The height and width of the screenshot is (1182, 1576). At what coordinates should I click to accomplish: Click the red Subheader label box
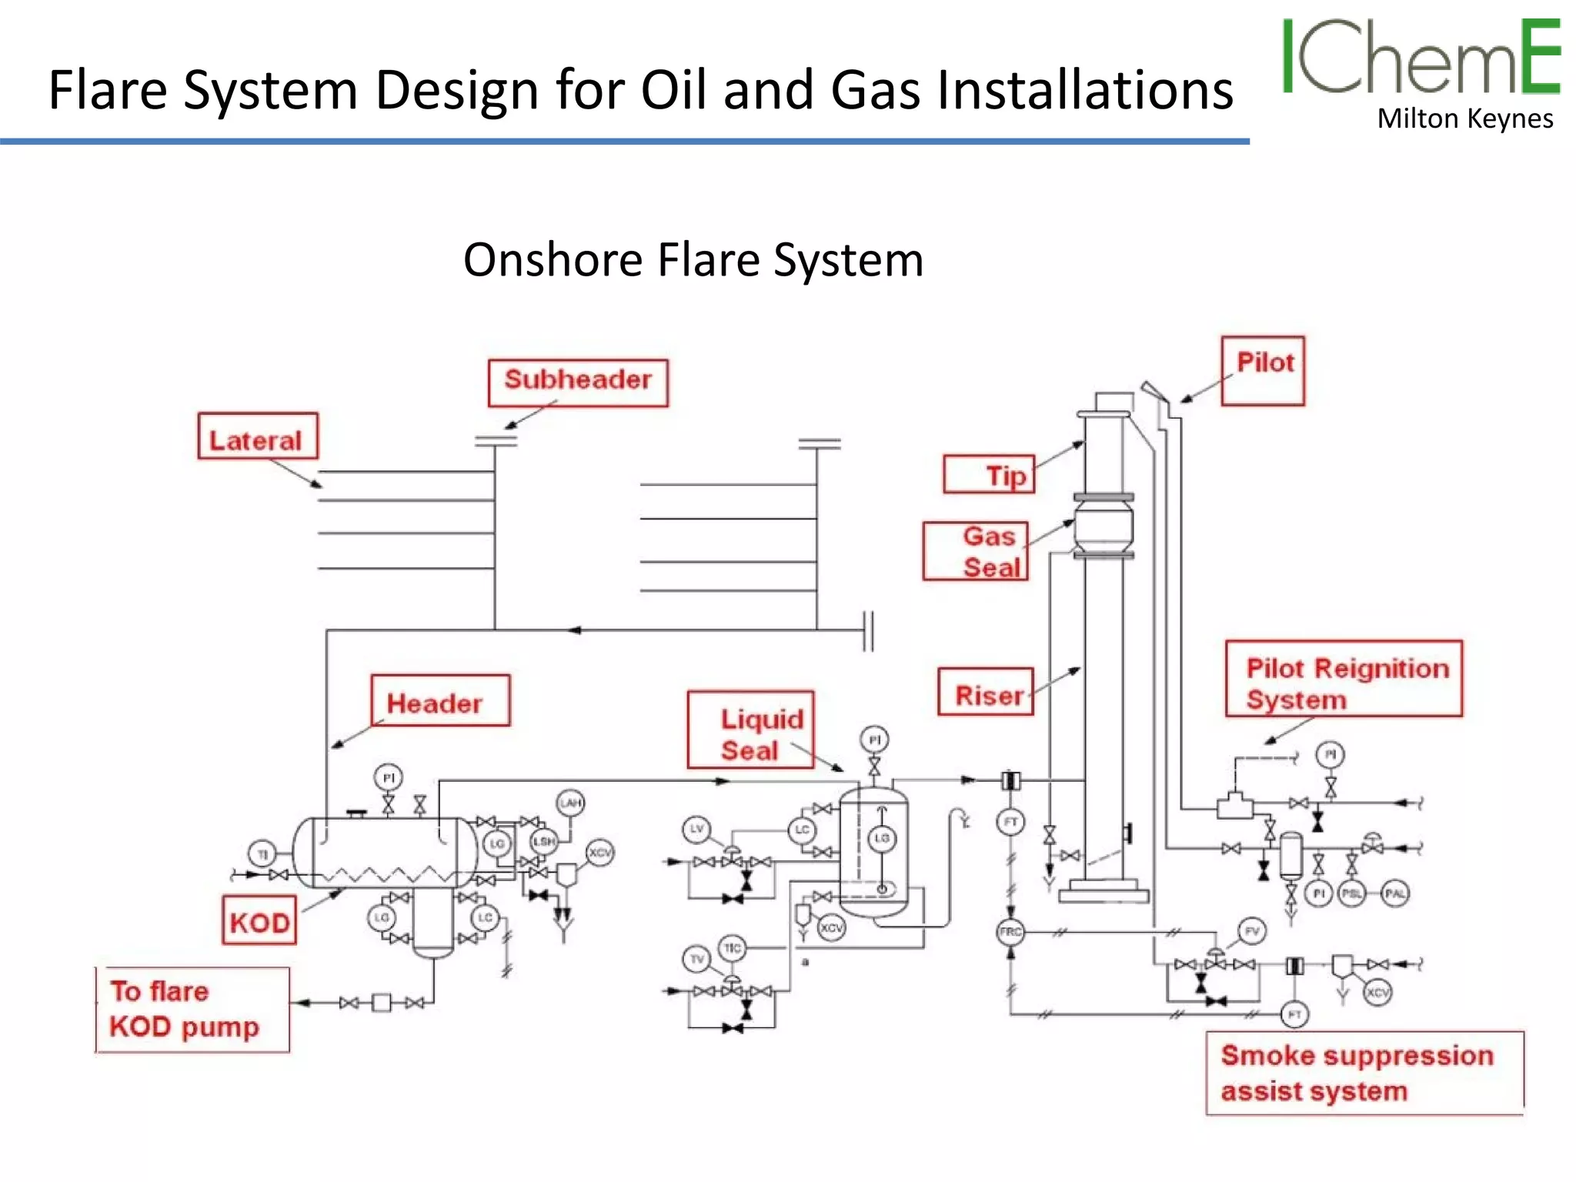[x=578, y=382]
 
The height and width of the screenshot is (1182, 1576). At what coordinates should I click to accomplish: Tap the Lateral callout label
[x=257, y=436]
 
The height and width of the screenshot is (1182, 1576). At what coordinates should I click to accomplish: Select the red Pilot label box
[x=1263, y=370]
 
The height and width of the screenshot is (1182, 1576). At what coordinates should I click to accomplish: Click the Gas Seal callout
[x=975, y=551]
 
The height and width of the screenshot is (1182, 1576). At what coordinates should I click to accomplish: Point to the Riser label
[x=985, y=692]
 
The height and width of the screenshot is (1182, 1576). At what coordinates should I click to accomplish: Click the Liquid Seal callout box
[x=750, y=730]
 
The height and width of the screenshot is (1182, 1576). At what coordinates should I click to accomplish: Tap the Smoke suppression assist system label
[x=1364, y=1073]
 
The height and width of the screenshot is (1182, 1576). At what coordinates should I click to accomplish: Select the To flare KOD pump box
[x=192, y=1009]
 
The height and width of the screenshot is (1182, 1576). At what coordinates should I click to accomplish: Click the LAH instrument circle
[x=570, y=803]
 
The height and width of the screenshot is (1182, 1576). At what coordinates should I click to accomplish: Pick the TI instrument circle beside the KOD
[x=262, y=854]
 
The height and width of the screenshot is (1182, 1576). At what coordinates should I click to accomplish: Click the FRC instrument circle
[x=1010, y=932]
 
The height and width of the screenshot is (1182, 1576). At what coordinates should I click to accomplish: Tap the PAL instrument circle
[x=1395, y=893]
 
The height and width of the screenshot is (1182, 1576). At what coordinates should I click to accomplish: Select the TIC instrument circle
[x=732, y=948]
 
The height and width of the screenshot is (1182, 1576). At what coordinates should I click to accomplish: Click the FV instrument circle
[x=1252, y=931]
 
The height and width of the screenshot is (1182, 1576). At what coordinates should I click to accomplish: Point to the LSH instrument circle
[x=543, y=842]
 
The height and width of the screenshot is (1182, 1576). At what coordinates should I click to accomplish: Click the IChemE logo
[x=1420, y=58]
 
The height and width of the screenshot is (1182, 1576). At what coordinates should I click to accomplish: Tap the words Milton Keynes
[x=1464, y=119]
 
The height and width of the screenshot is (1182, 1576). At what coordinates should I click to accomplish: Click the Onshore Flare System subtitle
[x=693, y=259]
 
